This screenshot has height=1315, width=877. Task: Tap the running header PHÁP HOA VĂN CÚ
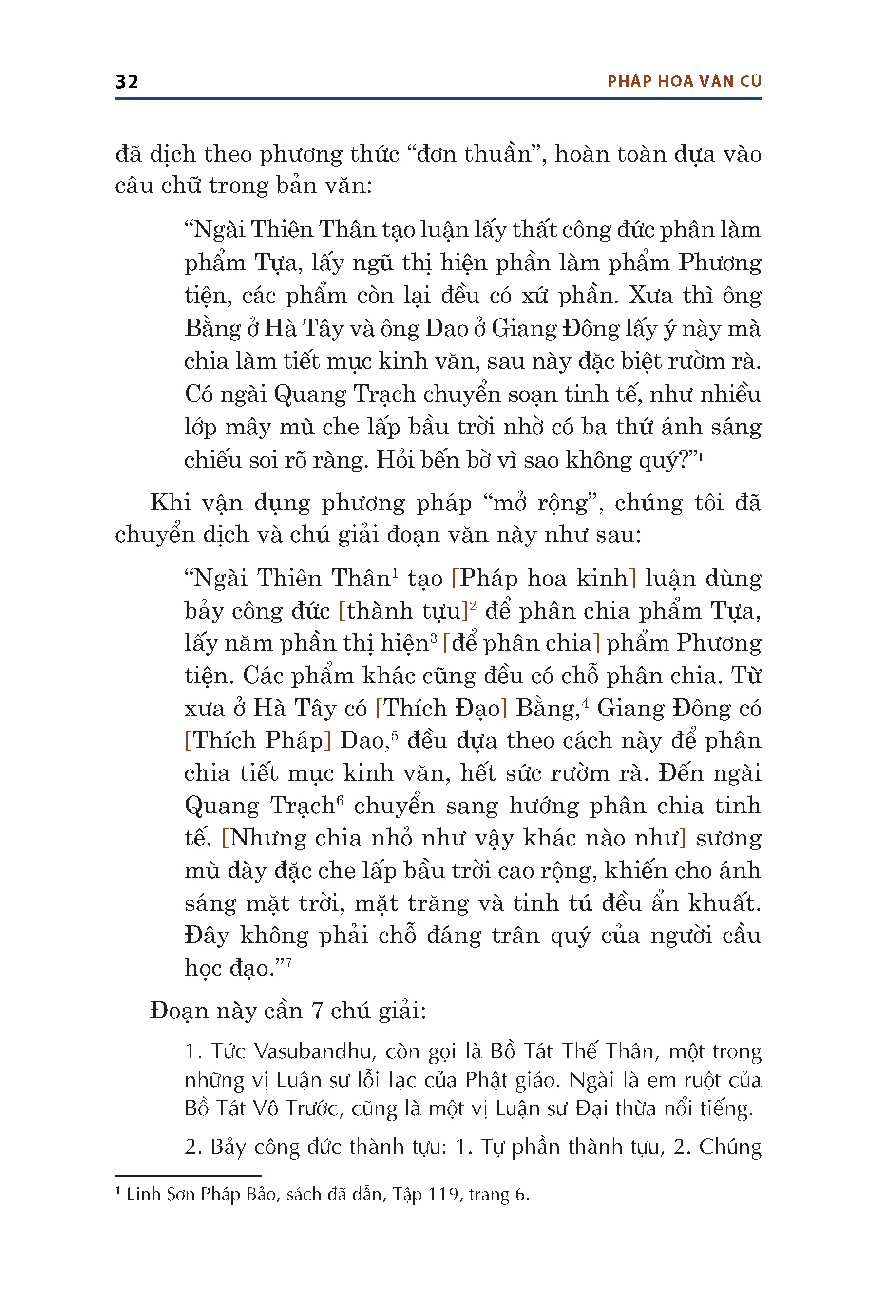click(x=684, y=82)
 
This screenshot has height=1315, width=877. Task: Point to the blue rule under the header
click(x=438, y=99)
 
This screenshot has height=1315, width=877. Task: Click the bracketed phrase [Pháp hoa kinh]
click(x=544, y=578)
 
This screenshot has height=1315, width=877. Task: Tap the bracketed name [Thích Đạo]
click(x=441, y=708)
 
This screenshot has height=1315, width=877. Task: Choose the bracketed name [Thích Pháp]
click(x=258, y=740)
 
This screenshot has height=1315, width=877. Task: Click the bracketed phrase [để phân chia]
click(x=521, y=643)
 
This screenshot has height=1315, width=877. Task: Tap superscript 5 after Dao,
click(x=394, y=735)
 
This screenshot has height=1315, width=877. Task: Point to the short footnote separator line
click(x=188, y=1175)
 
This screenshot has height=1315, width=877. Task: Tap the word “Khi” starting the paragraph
click(x=171, y=503)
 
